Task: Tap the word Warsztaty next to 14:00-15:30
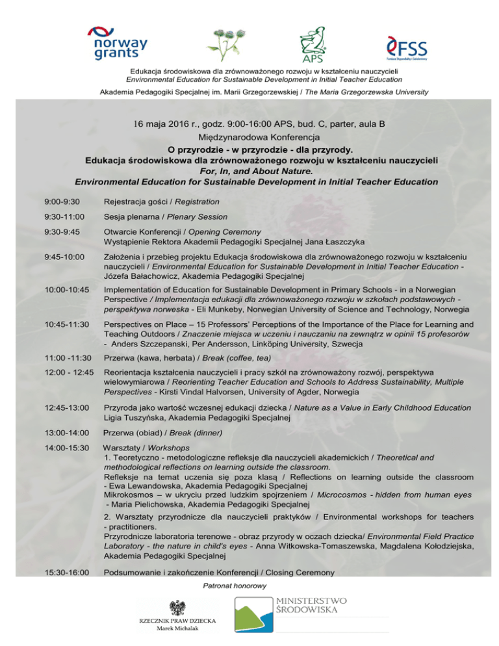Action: (x=122, y=448)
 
